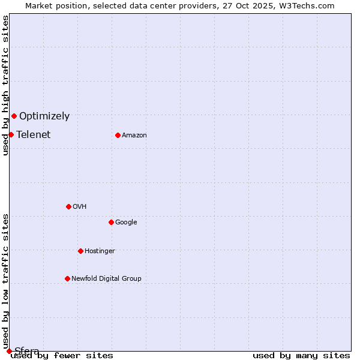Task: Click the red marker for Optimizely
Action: pyautogui.click(x=14, y=116)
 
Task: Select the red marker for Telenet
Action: pyautogui.click(x=11, y=134)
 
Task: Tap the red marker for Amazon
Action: pyautogui.click(x=118, y=135)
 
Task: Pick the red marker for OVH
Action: pyautogui.click(x=68, y=206)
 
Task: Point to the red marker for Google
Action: pyautogui.click(x=111, y=222)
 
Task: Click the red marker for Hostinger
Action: pyautogui.click(x=80, y=251)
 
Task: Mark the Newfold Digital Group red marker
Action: pyautogui.click(x=67, y=278)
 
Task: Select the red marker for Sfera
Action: pyautogui.click(x=9, y=351)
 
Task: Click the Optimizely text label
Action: pyautogui.click(x=44, y=116)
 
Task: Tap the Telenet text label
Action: pyautogui.click(x=34, y=135)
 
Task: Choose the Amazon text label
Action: pyautogui.click(x=134, y=136)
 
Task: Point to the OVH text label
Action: pyautogui.click(x=80, y=207)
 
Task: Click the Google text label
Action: pyautogui.click(x=126, y=223)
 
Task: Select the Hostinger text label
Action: pyautogui.click(x=100, y=251)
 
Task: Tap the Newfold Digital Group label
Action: pyautogui.click(x=107, y=279)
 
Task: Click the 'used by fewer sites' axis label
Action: pyautogui.click(x=62, y=356)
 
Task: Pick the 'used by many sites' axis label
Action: pyautogui.click(x=301, y=356)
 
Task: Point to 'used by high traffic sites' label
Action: pyautogui.click(x=5, y=85)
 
